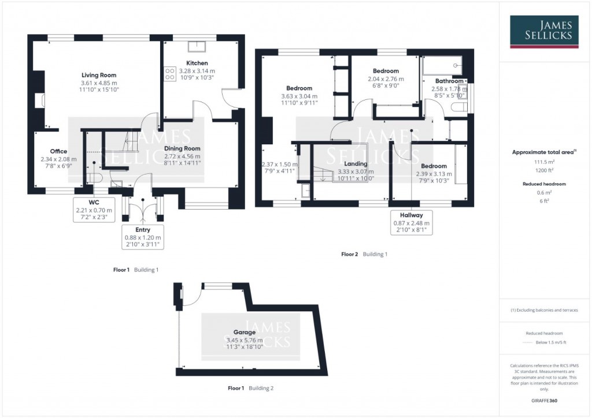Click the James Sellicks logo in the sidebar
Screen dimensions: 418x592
(x=545, y=32)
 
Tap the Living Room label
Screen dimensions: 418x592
(x=98, y=75)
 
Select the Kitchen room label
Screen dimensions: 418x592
(x=197, y=63)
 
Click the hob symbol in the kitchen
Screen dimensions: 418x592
(x=171, y=73)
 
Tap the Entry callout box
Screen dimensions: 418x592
(x=143, y=237)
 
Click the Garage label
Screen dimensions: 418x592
(x=244, y=333)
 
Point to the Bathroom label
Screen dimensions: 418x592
(x=450, y=81)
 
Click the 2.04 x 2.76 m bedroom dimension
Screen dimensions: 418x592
(x=386, y=79)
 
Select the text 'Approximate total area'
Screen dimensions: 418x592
(x=543, y=152)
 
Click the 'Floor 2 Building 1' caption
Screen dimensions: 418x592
(x=364, y=254)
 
